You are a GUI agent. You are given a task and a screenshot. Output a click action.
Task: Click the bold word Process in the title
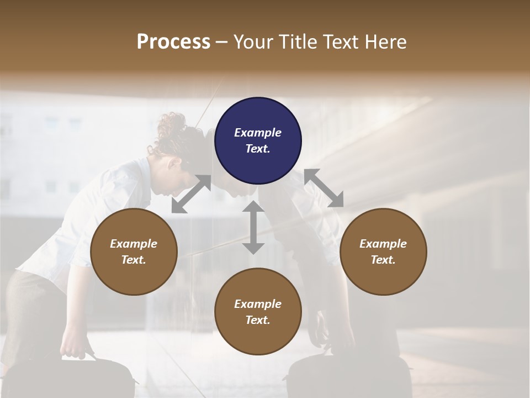[x=173, y=42]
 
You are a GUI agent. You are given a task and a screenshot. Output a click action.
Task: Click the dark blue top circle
[x=258, y=140]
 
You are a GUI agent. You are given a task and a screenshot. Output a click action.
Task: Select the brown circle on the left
[x=134, y=252]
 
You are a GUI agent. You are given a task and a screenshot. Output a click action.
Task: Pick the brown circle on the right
[x=383, y=252]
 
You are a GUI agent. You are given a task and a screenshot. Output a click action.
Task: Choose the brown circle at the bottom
[x=258, y=312]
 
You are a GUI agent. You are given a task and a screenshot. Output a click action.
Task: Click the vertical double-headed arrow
[x=253, y=227]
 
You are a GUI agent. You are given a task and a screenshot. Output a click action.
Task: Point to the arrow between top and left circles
[x=191, y=194]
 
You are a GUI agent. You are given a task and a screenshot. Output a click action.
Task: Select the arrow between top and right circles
[x=324, y=188]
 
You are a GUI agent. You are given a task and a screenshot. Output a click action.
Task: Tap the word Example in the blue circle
[x=258, y=133]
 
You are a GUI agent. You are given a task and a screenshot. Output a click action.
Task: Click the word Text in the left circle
[x=134, y=260]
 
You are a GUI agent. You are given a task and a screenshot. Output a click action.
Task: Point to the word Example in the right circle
[x=383, y=244]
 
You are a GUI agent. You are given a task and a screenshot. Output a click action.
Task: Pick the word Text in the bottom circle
[x=258, y=320]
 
